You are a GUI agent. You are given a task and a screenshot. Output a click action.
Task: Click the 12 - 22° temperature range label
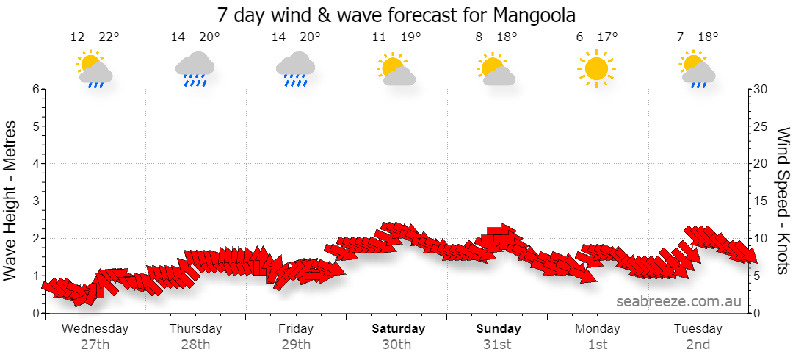click(x=95, y=37)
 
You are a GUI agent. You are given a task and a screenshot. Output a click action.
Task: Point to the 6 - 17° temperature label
click(x=597, y=37)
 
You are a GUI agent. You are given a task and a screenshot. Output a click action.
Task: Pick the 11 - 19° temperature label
click(x=396, y=37)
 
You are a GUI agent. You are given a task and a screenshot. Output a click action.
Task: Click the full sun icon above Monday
click(x=597, y=68)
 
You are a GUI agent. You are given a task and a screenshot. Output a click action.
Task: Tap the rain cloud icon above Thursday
click(x=195, y=69)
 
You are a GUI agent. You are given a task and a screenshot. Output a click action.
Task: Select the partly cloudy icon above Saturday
click(x=396, y=68)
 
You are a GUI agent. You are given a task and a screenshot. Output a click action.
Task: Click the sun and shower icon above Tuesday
click(x=698, y=69)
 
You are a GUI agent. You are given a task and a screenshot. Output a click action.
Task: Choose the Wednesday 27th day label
click(x=95, y=336)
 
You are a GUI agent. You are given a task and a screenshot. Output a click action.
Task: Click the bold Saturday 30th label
click(x=398, y=336)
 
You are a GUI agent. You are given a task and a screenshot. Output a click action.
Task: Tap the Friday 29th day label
click(x=296, y=336)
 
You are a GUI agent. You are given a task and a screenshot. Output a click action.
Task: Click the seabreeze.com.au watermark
click(x=678, y=301)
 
